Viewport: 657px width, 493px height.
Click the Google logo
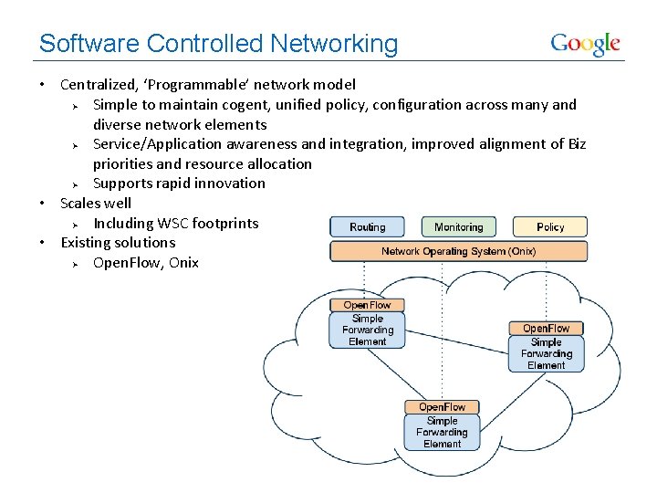585,44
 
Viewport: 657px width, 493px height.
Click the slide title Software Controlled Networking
219,44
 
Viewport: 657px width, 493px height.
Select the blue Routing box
368,226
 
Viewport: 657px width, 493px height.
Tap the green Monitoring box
458,226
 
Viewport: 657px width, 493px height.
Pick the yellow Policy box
550,226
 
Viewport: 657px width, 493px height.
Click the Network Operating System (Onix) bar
458,251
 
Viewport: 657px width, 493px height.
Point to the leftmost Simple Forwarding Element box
367,330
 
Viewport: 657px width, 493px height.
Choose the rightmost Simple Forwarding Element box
546,353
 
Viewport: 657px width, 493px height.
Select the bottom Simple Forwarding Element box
442,432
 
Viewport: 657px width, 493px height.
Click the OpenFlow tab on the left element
367,305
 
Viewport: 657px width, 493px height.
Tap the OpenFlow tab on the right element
546,329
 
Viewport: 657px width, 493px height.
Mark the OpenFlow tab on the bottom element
442,407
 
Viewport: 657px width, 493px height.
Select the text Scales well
96,203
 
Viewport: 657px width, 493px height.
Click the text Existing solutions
118,242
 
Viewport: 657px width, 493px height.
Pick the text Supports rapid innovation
179,184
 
